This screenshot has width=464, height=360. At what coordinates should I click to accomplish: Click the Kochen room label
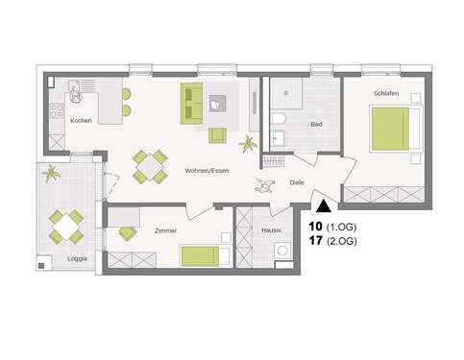pyautogui.click(x=80, y=120)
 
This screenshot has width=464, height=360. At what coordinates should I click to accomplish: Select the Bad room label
pyautogui.click(x=315, y=125)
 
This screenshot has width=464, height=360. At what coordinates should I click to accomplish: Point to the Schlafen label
pyautogui.click(x=388, y=93)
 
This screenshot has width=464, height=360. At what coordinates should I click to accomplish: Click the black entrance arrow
pyautogui.click(x=323, y=203)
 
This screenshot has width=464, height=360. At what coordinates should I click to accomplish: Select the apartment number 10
pyautogui.click(x=315, y=226)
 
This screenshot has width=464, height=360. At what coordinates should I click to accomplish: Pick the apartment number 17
pyautogui.click(x=315, y=242)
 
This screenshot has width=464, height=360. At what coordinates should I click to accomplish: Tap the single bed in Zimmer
pyautogui.click(x=205, y=254)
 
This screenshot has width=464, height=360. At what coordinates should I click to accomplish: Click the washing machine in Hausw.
pyautogui.click(x=282, y=252)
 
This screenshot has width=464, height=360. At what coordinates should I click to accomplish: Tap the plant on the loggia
pyautogui.click(x=51, y=174)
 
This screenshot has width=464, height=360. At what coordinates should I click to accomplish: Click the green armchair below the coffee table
pyautogui.click(x=219, y=135)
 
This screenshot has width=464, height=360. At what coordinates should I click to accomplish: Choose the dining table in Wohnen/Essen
pyautogui.click(x=151, y=165)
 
